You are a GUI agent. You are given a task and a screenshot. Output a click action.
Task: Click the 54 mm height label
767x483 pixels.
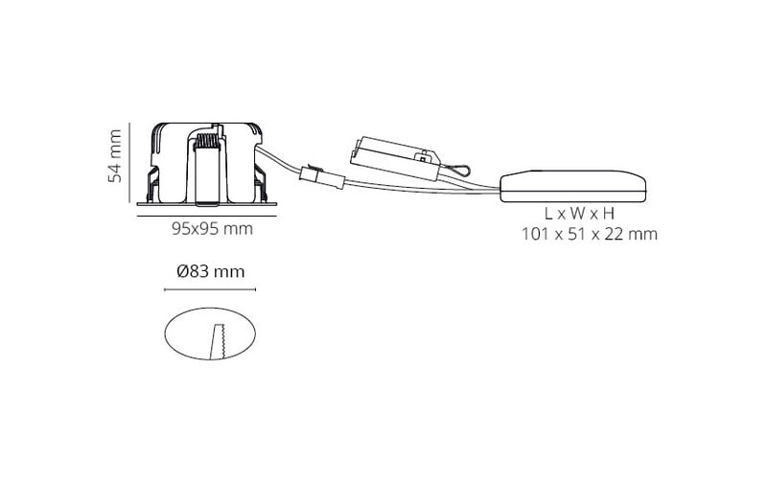pos(114,156)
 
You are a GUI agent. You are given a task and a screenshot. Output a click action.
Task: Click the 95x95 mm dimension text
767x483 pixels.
pos(212,228)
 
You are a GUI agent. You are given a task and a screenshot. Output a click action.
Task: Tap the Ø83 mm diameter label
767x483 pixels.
pos(210,271)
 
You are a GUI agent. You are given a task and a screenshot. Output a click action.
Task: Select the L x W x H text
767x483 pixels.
pos(580,213)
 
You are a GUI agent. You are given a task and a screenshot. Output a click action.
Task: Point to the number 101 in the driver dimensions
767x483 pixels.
pos(535,234)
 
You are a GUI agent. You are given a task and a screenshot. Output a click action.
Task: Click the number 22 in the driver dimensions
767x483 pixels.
pos(614,234)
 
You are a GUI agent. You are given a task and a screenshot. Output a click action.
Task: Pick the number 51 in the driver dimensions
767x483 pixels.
pos(576,234)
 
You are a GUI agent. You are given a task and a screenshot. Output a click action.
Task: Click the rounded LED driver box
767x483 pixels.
pos(572,186)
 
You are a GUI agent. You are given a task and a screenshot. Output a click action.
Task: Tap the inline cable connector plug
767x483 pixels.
pos(322,178)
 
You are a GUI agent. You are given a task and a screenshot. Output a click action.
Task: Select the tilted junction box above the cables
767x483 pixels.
pos(395,157)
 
